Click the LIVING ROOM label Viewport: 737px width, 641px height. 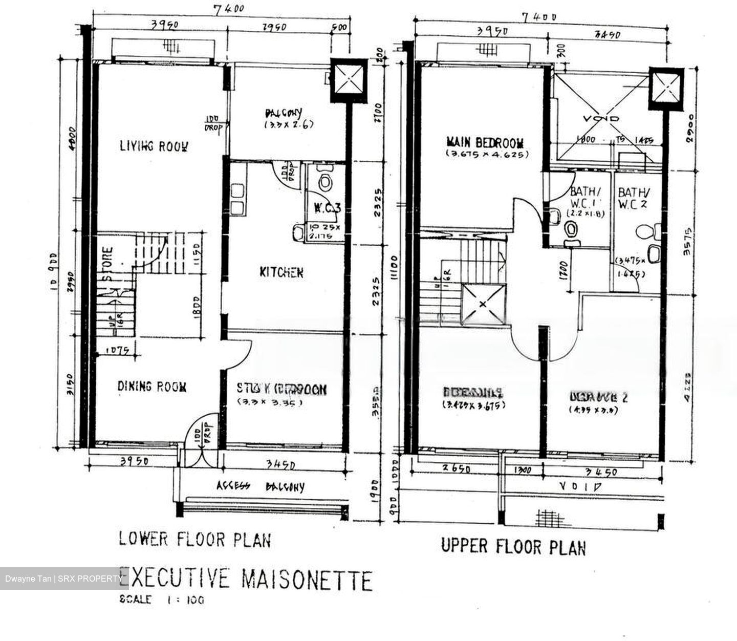(154, 146)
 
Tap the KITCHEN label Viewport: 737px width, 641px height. (281, 272)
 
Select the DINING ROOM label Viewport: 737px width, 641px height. (151, 387)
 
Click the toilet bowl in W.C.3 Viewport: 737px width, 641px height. (323, 181)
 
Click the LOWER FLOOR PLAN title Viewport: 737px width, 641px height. (195, 539)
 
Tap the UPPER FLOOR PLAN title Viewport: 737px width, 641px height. (513, 546)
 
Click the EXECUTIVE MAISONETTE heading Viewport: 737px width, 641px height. (246, 580)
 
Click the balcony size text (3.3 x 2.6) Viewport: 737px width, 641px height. (289, 124)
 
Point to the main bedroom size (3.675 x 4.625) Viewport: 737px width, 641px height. (486, 154)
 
